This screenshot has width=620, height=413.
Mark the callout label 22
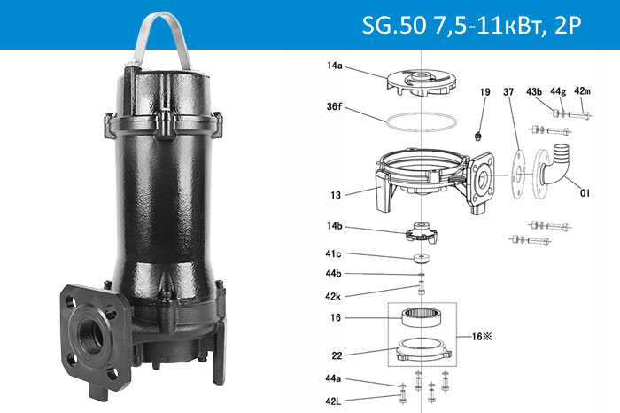coord(336,356)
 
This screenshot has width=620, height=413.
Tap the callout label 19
coord(484,92)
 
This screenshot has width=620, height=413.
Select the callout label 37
coord(508,92)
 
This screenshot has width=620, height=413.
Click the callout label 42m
coord(582,92)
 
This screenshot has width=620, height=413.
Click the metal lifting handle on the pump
coord(165,35)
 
